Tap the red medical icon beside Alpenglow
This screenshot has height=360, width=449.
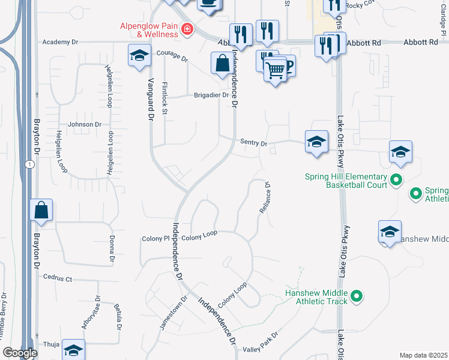[x=188, y=29]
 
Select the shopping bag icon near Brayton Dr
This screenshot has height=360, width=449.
[x=41, y=211]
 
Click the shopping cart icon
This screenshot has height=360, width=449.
[x=276, y=70]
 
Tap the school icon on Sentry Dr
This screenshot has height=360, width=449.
[x=316, y=142]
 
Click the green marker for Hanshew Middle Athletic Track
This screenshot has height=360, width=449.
[x=357, y=296]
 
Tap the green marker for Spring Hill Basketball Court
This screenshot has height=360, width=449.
[x=396, y=179]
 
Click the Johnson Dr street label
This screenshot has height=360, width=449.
[x=85, y=125]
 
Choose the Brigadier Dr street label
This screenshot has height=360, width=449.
[x=211, y=95]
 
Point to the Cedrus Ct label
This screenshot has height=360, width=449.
[x=58, y=278]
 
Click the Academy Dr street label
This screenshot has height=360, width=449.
[x=61, y=43]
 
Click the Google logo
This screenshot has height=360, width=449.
[x=20, y=353]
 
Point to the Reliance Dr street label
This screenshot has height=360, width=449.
[x=265, y=199]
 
